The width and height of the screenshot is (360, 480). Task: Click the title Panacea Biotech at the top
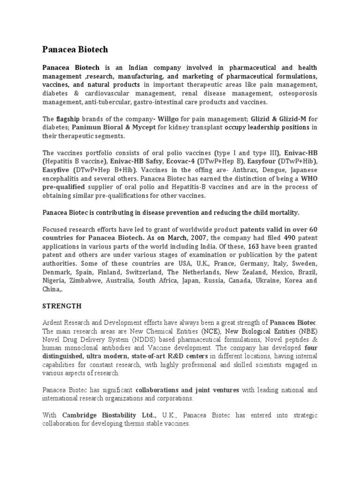[75, 49]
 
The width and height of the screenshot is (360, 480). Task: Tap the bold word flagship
[70, 119]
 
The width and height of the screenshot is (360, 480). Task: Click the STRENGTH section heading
[62, 306]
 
